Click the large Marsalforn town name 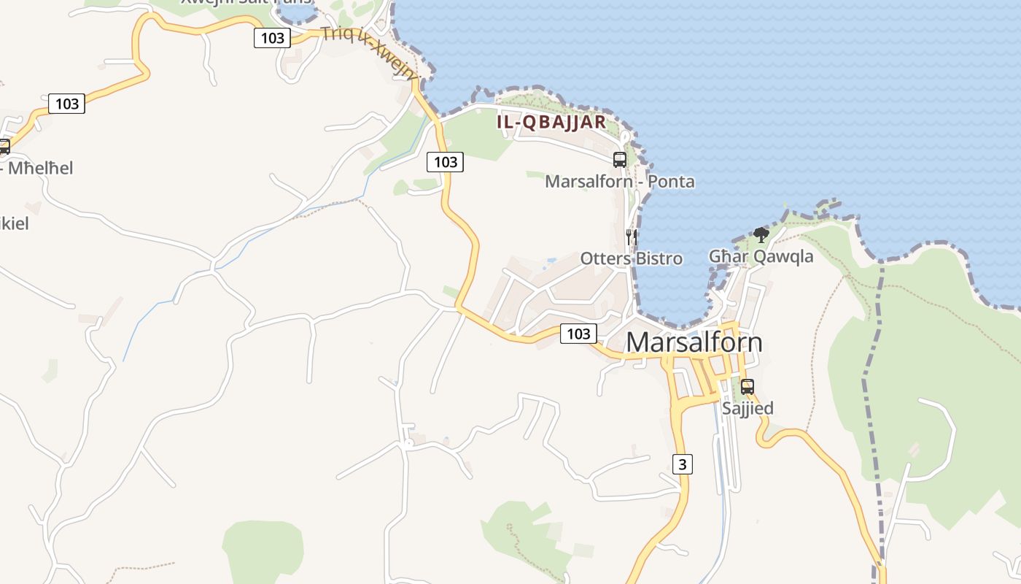pyautogui.click(x=694, y=342)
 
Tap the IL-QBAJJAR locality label pyautogui.click(x=551, y=122)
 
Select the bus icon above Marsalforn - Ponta pyautogui.click(x=620, y=159)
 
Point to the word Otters pyautogui.click(x=605, y=258)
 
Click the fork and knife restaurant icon pyautogui.click(x=632, y=237)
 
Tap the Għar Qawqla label pyautogui.click(x=761, y=256)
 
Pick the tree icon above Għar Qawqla pyautogui.click(x=761, y=234)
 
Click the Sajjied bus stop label pyautogui.click(x=748, y=408)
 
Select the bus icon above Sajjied pyautogui.click(x=747, y=387)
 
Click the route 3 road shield pyautogui.click(x=682, y=464)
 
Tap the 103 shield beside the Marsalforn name pyautogui.click(x=578, y=334)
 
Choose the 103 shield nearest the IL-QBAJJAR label pyautogui.click(x=445, y=162)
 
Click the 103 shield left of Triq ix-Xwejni pyautogui.click(x=272, y=37)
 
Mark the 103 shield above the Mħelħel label pyautogui.click(x=67, y=104)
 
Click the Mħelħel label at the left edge pyautogui.click(x=40, y=168)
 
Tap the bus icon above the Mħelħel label pyautogui.click(x=4, y=147)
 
